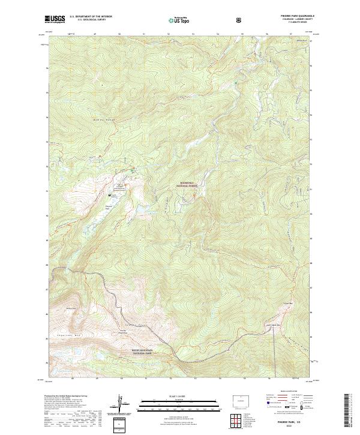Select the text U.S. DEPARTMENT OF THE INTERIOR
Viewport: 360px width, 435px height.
tap(91, 17)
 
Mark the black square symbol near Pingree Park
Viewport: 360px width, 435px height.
tap(110, 195)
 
